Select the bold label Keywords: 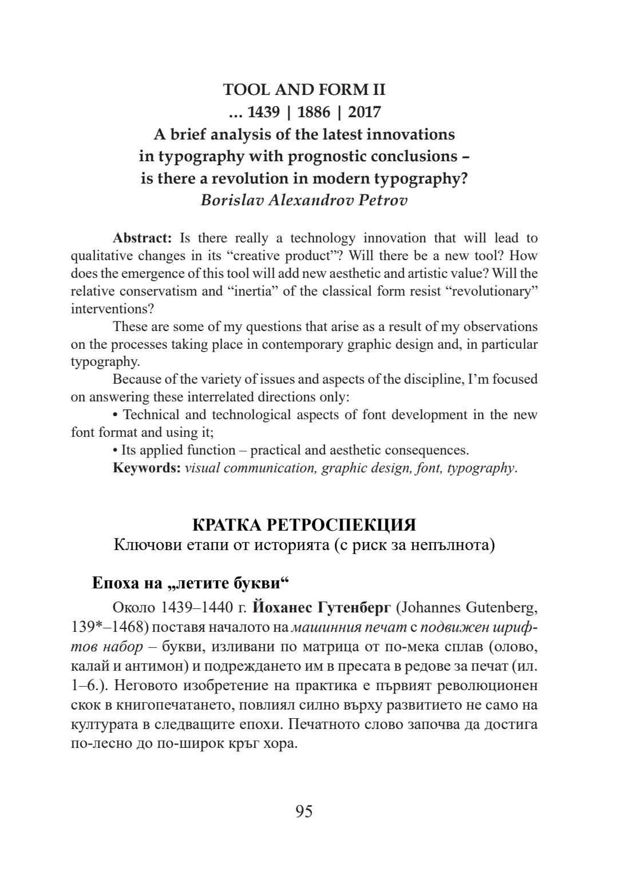[x=147, y=468]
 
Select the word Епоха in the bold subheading [x=116, y=584]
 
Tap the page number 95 [x=304, y=811]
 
